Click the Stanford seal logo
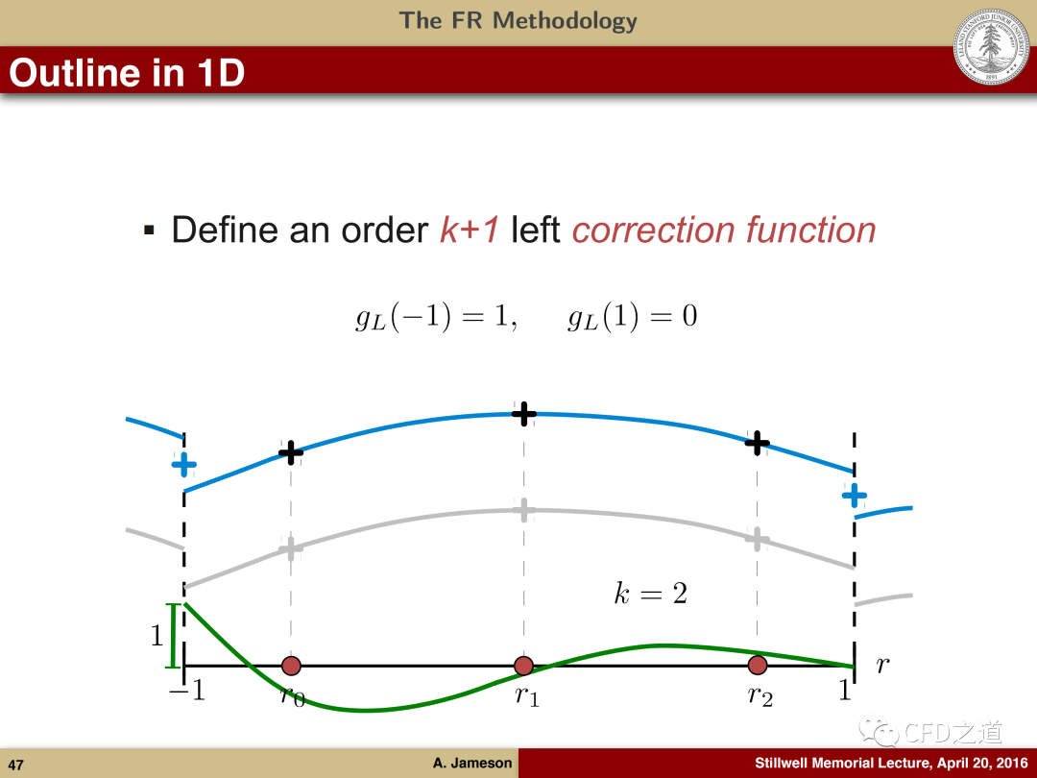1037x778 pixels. click(x=991, y=46)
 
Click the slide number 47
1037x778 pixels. click(x=16, y=765)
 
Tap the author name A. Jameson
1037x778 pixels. click(x=472, y=763)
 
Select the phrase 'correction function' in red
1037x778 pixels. click(x=724, y=231)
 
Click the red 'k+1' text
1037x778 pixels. click(x=470, y=231)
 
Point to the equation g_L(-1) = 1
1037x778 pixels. click(x=436, y=316)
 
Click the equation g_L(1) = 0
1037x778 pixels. click(x=632, y=316)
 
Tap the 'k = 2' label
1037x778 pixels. click(x=651, y=593)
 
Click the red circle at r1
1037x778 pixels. click(x=524, y=666)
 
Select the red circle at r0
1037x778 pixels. click(x=291, y=666)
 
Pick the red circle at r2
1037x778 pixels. click(x=758, y=665)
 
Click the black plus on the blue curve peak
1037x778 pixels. click(x=524, y=414)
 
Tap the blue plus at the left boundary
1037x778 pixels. click(x=183, y=465)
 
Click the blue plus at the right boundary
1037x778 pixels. click(x=854, y=495)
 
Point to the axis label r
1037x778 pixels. click(x=882, y=665)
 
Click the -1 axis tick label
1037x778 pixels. click(x=187, y=691)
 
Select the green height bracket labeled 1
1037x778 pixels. click(x=173, y=635)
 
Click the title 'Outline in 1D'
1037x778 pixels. click(x=127, y=72)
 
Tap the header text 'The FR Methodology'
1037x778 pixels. click(x=518, y=20)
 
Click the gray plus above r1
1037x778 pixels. click(x=524, y=510)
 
